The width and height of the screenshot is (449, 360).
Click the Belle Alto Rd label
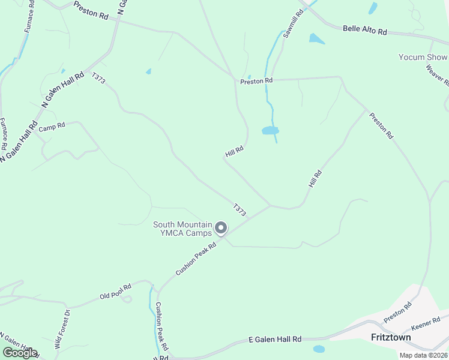pos(365,30)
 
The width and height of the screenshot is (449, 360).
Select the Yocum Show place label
pos(423,58)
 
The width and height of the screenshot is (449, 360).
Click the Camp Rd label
pos(51,128)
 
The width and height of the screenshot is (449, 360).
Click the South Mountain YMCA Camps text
pos(182,229)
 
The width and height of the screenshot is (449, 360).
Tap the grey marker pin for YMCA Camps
pos(221,228)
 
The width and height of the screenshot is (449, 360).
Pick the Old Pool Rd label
pos(115,292)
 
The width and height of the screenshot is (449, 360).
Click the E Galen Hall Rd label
pos(275,340)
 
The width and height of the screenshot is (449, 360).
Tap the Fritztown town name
pos(391,338)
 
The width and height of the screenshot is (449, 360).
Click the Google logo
pos(20,353)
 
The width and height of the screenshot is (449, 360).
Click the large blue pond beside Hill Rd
pos(270,130)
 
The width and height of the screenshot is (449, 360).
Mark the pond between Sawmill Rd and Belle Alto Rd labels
pos(316,40)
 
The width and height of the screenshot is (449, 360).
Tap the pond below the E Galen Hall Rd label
pos(319,349)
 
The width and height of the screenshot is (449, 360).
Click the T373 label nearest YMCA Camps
pos(240,209)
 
